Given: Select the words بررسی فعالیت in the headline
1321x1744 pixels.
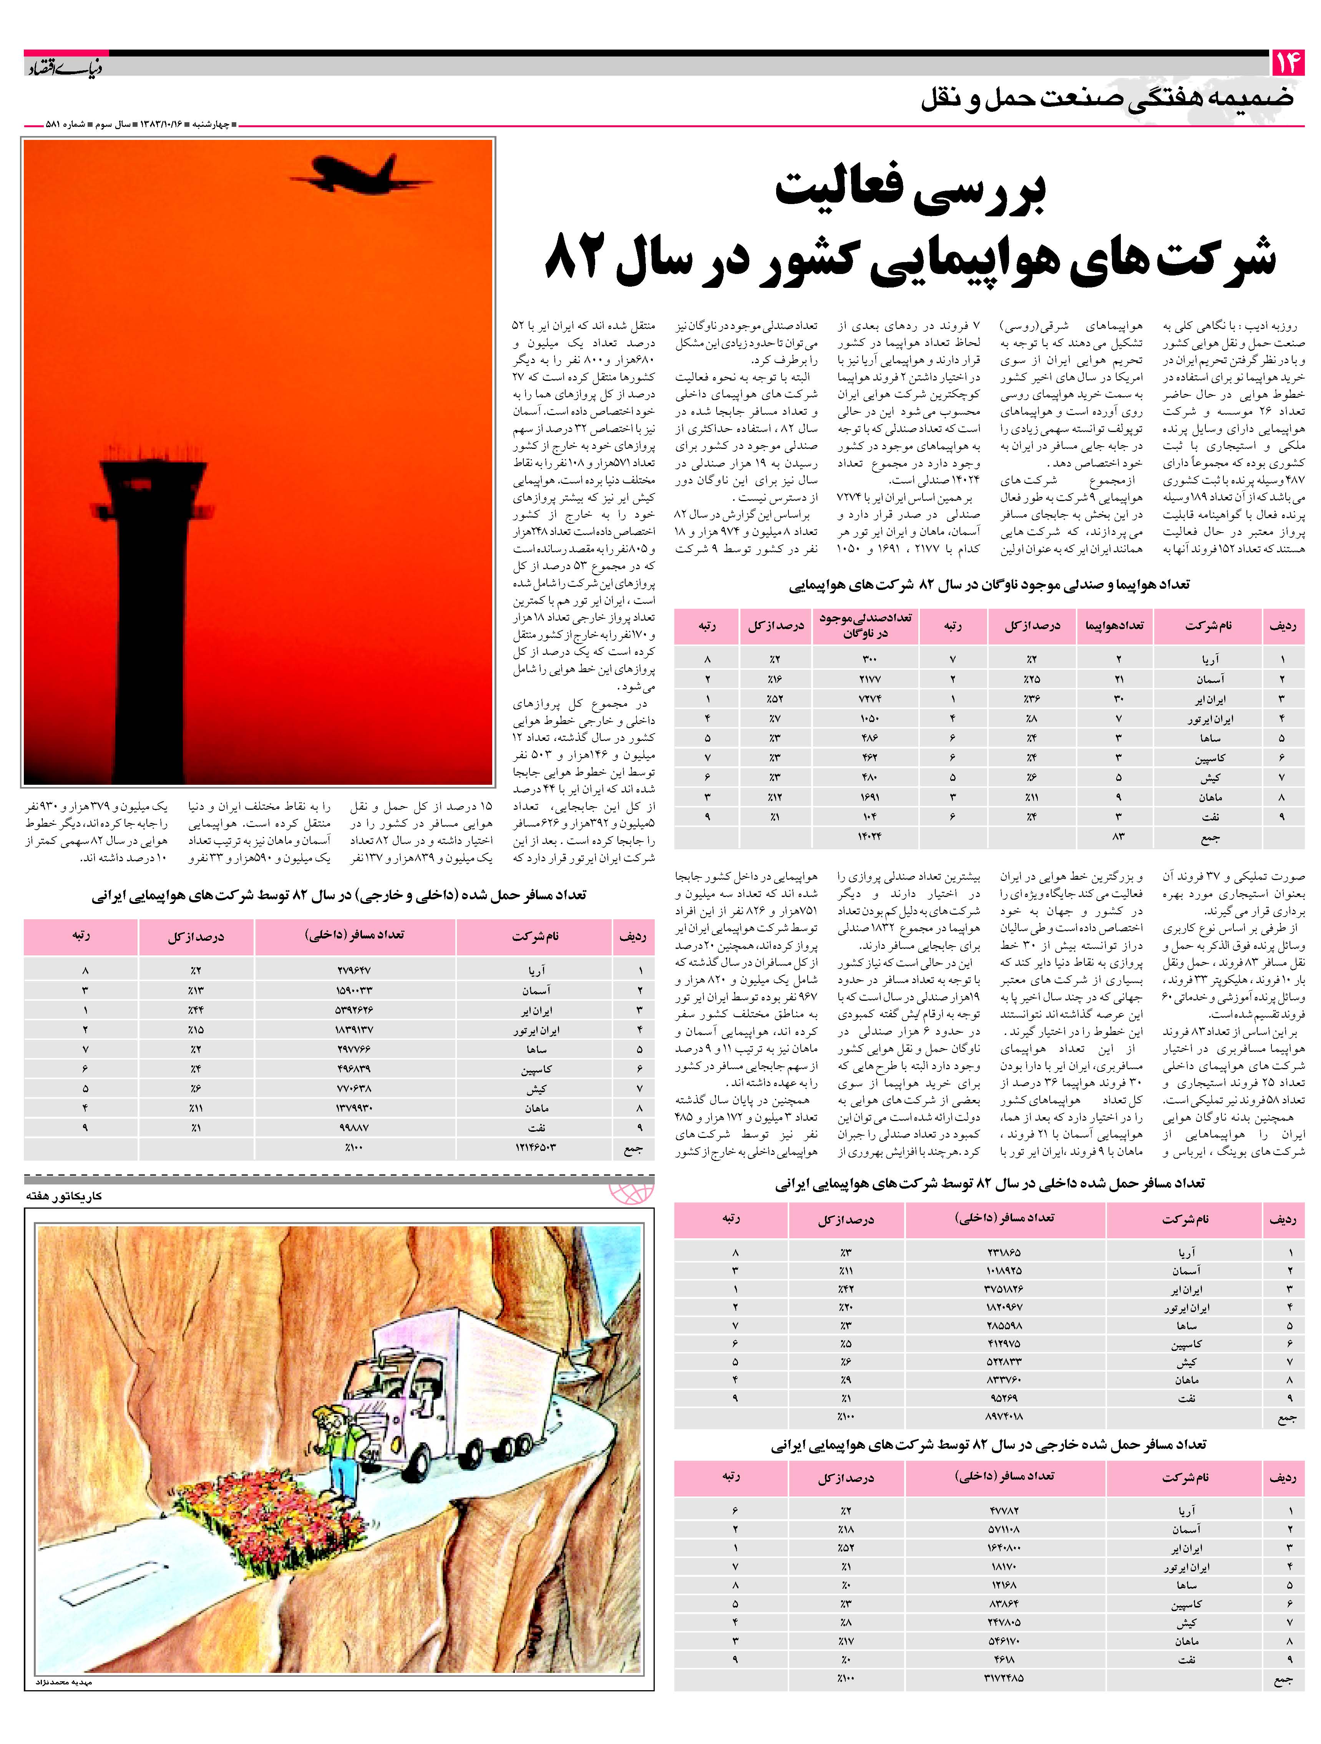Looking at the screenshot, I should click(910, 192).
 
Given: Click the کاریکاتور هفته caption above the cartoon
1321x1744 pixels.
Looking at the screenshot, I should click(63, 1195).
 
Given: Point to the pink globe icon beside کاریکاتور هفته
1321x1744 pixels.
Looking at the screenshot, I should click(631, 1192).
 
